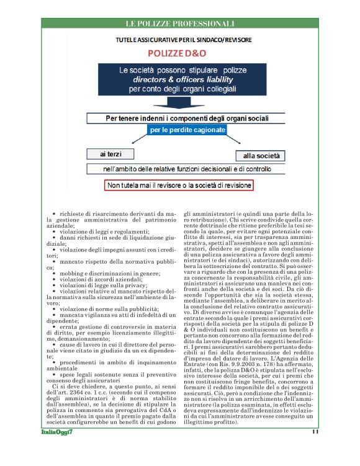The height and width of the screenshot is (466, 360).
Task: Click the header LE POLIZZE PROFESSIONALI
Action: tap(180, 24)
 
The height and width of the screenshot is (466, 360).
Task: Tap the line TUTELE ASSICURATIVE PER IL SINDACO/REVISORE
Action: tap(180, 40)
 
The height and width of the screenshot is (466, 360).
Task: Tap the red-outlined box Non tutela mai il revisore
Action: tap(179, 185)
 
